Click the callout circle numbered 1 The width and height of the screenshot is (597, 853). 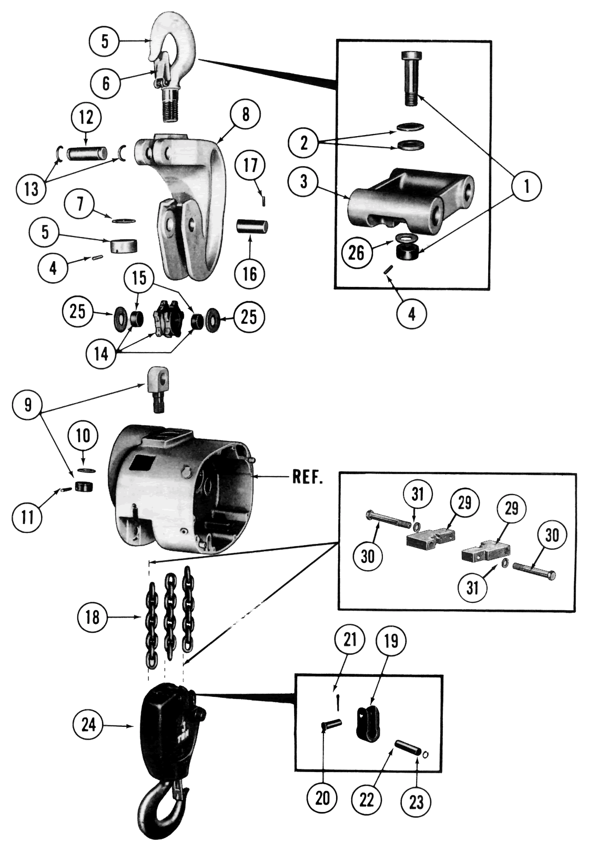[x=526, y=186]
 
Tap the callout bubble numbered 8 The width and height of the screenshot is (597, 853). [x=246, y=115]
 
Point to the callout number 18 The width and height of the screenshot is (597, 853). [x=93, y=617]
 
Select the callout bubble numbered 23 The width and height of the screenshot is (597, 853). [x=416, y=802]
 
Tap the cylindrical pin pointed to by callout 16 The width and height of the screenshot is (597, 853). [x=251, y=227]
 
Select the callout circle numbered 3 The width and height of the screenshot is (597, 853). [x=305, y=182]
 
